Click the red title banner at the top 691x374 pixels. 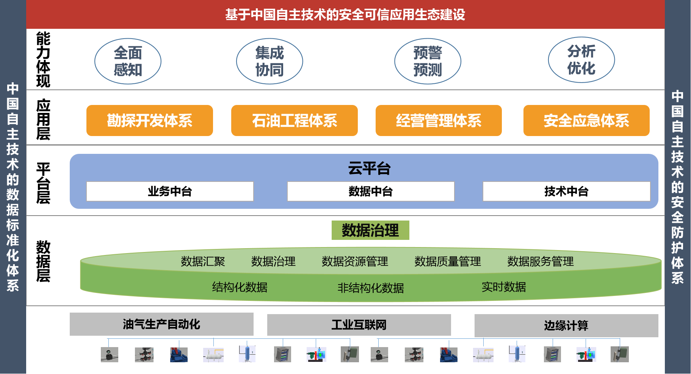point(345,14)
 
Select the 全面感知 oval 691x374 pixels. point(128,61)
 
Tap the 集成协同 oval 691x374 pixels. point(270,61)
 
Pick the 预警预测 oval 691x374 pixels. point(428,61)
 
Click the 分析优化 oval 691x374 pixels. point(581,60)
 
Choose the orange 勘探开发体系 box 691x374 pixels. point(149,120)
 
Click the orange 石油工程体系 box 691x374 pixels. point(294,120)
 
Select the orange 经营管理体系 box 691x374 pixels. point(439,120)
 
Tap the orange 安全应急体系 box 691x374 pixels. point(586,120)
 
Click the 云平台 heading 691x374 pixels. point(369,168)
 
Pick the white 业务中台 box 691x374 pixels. point(170,191)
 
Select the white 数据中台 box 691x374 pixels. point(370,191)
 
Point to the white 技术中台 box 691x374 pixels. point(566,191)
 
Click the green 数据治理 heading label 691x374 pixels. point(370,230)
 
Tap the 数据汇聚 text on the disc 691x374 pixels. point(203,261)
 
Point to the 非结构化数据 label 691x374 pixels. point(370,288)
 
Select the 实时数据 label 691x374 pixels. point(503,287)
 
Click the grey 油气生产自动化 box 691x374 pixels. point(161,324)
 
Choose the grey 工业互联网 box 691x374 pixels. point(359,325)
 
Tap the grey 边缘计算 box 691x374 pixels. point(566,325)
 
